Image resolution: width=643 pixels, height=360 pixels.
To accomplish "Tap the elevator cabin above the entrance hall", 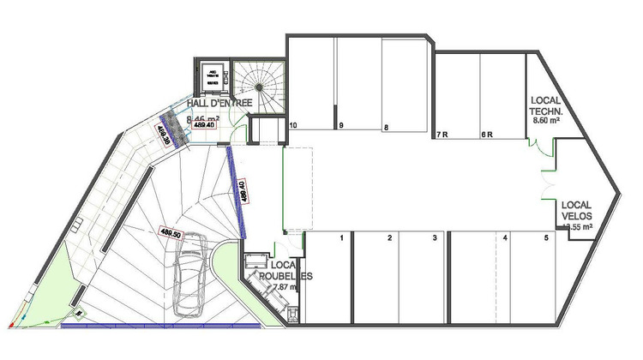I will (211, 77).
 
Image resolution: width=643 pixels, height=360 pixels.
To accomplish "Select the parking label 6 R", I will (485, 135).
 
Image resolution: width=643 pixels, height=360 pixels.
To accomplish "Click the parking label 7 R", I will (442, 135).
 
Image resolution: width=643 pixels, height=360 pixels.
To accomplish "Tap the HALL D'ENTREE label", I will (219, 103).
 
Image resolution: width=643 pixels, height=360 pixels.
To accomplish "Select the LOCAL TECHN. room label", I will (546, 106).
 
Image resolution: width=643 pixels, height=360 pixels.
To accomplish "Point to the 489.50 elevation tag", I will (171, 231).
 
